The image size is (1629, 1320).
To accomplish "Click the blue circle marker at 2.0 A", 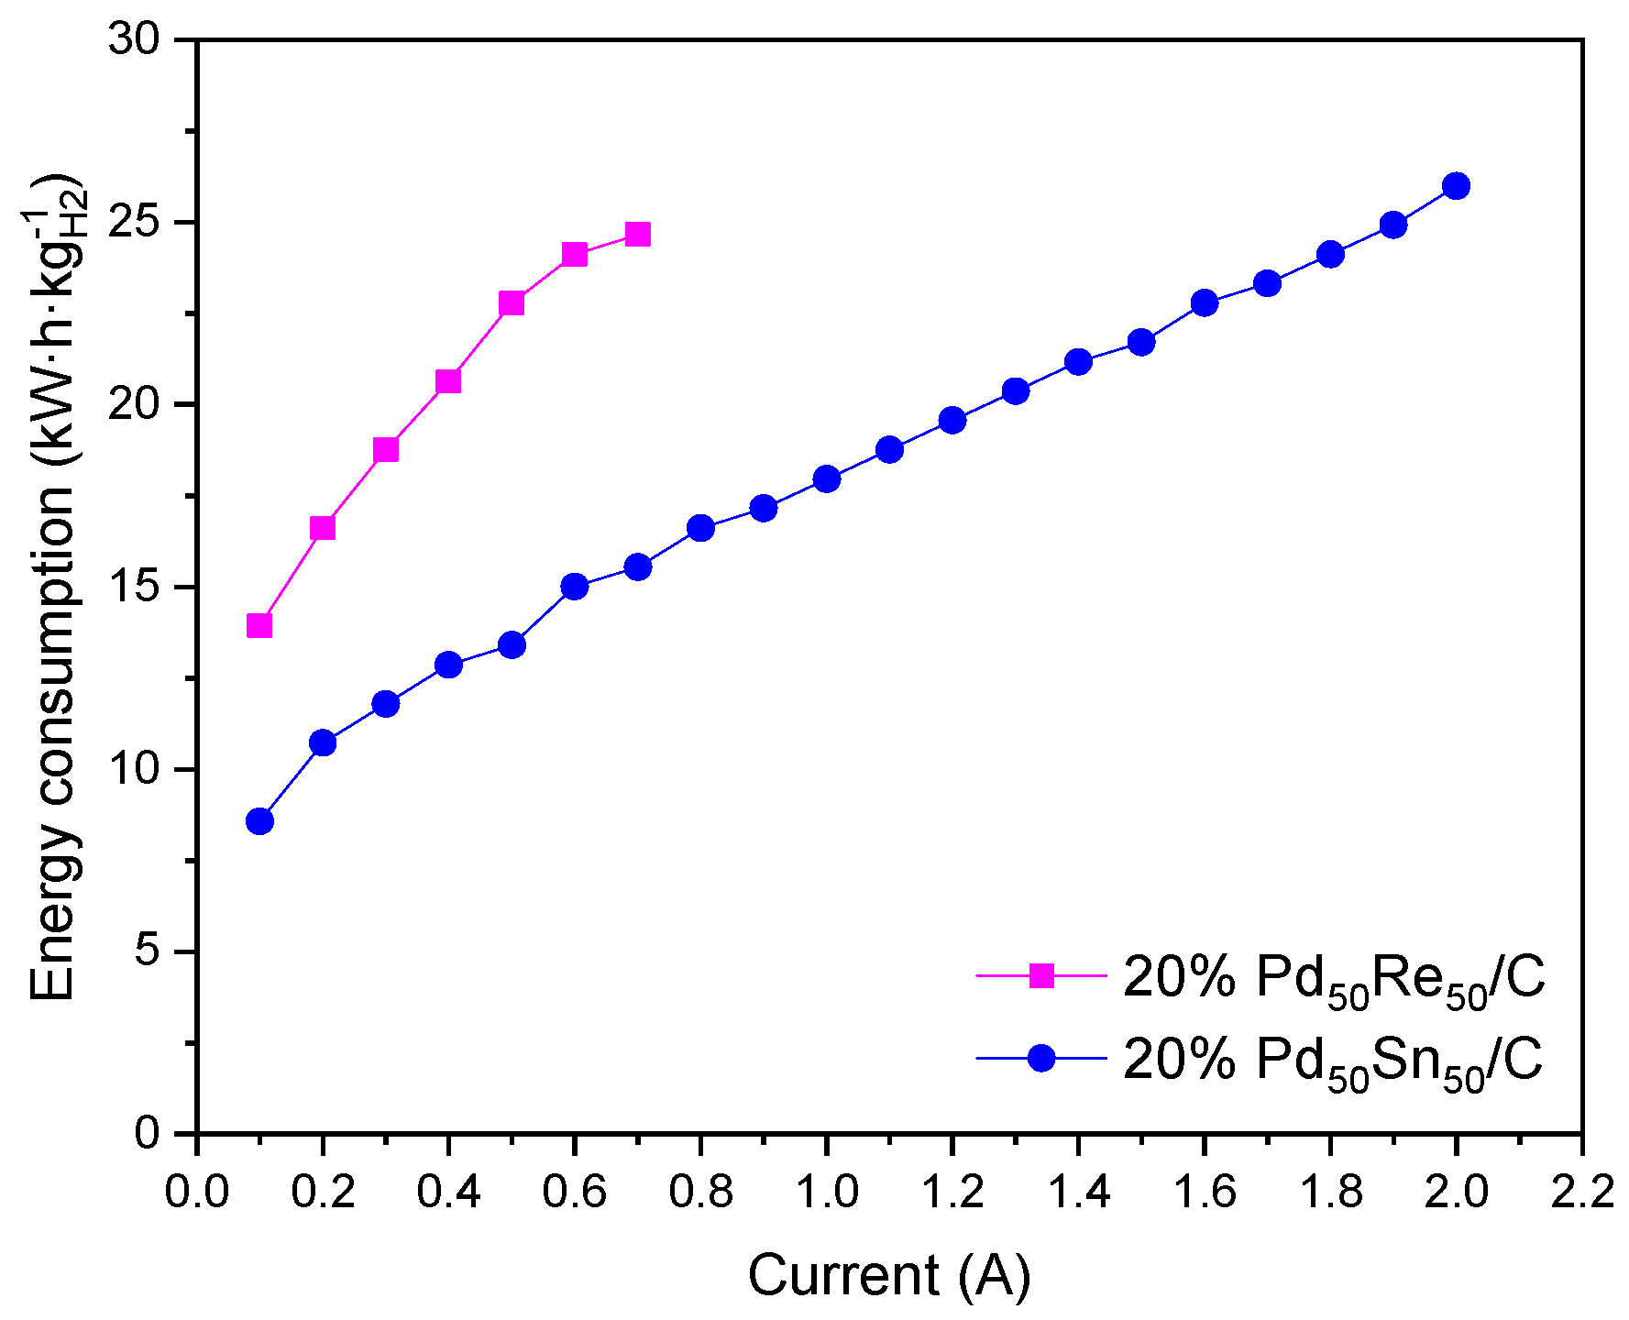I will coord(1456,186).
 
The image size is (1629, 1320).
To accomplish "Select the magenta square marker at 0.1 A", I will coord(259,625).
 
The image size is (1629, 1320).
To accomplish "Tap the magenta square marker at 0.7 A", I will coord(637,235).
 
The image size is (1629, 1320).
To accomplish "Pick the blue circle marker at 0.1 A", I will coord(259,821).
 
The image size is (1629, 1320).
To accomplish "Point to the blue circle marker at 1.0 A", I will coord(826,479).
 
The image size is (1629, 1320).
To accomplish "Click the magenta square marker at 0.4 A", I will coord(448,381).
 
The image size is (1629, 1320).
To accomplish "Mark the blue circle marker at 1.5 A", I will coord(1141,343).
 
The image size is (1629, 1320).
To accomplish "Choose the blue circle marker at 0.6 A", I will coord(575,587).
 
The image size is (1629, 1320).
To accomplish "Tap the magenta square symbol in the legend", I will coord(1041,975).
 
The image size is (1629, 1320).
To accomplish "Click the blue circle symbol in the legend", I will coord(1041,1058).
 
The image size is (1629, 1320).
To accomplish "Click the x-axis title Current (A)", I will coord(889,1275).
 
